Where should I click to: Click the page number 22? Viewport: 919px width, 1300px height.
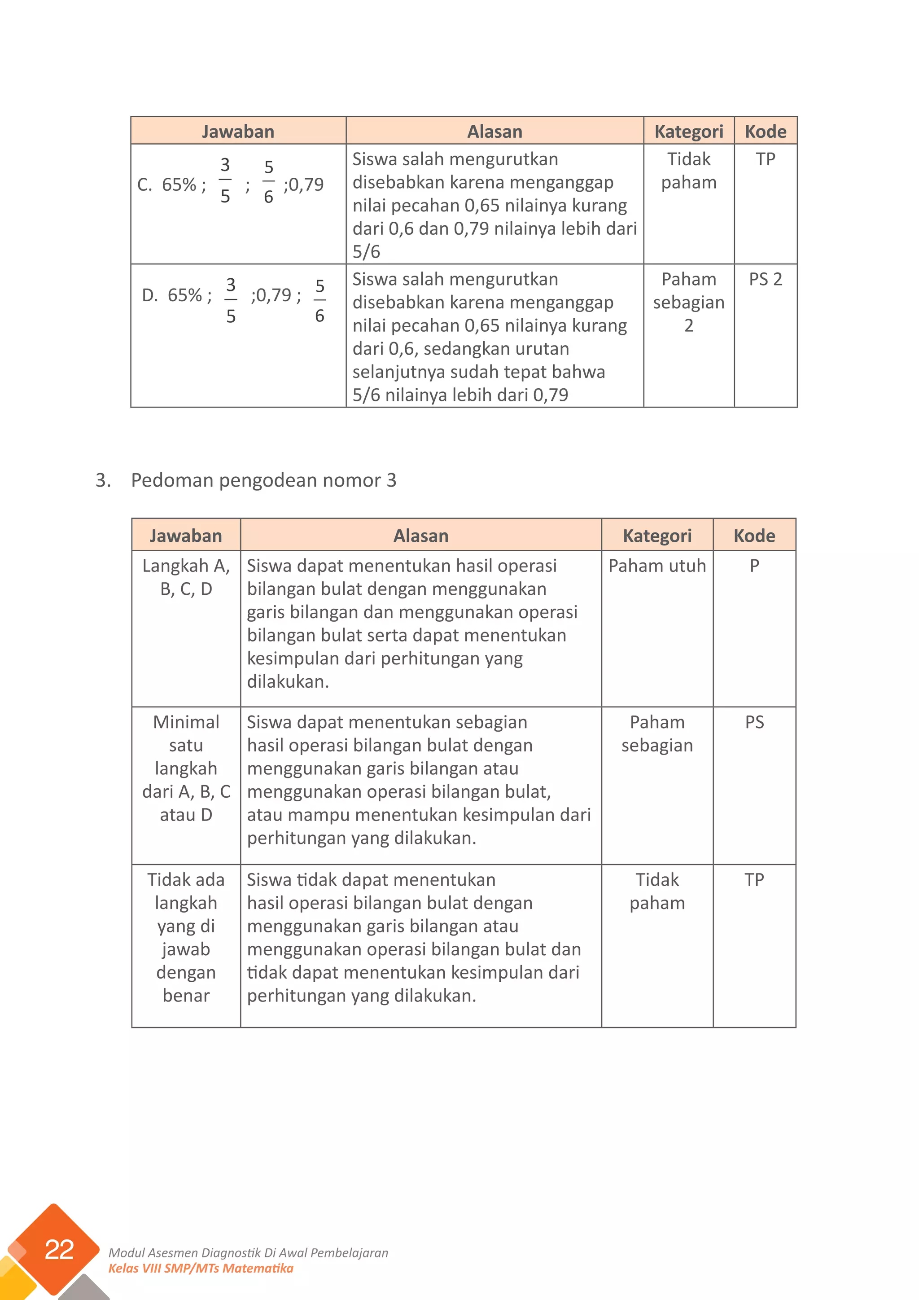point(59,1250)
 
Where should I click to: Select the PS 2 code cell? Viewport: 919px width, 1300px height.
point(765,279)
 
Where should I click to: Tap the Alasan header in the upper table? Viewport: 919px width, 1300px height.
point(494,132)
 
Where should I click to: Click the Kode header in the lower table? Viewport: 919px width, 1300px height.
point(754,536)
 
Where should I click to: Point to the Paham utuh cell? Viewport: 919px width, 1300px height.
point(656,566)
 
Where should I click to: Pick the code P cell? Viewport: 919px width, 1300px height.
point(754,566)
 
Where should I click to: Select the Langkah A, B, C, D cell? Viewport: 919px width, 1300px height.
point(186,577)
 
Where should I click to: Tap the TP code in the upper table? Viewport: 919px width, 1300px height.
point(765,159)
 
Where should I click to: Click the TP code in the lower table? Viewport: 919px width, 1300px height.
point(754,879)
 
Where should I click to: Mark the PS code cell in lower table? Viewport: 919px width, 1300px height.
point(754,722)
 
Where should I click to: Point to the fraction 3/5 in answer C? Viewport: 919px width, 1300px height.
point(225,180)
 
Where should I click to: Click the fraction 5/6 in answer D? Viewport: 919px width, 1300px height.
point(320,301)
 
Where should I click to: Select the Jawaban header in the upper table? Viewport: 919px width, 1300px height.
point(238,132)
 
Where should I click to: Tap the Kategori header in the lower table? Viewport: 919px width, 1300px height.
point(656,536)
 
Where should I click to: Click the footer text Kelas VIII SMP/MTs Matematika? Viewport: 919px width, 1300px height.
point(201,1268)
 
